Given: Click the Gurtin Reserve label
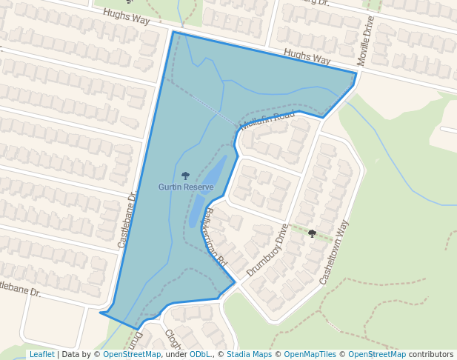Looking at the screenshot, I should pyautogui.click(x=185, y=187).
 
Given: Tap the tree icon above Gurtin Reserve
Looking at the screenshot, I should pyautogui.click(x=185, y=176).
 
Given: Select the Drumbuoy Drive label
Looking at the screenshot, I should pyautogui.click(x=267, y=250).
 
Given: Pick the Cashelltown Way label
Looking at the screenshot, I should pyautogui.click(x=333, y=253).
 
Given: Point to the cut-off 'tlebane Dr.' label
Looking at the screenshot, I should pyautogui.click(x=20, y=288).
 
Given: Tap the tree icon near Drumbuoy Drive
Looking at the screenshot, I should pyautogui.click(x=312, y=233).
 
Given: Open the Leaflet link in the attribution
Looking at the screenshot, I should pyautogui.click(x=41, y=354).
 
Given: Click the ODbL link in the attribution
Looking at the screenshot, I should pyautogui.click(x=200, y=354).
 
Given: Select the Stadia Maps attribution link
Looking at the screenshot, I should pyautogui.click(x=249, y=354).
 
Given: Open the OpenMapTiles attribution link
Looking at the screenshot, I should pyautogui.click(x=310, y=354).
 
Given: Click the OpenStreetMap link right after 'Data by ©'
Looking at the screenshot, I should pyautogui.click(x=132, y=354).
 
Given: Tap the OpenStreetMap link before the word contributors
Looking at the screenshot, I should pyautogui.click(x=376, y=354).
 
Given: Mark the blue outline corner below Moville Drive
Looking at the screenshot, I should pyautogui.click(x=356, y=73).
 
